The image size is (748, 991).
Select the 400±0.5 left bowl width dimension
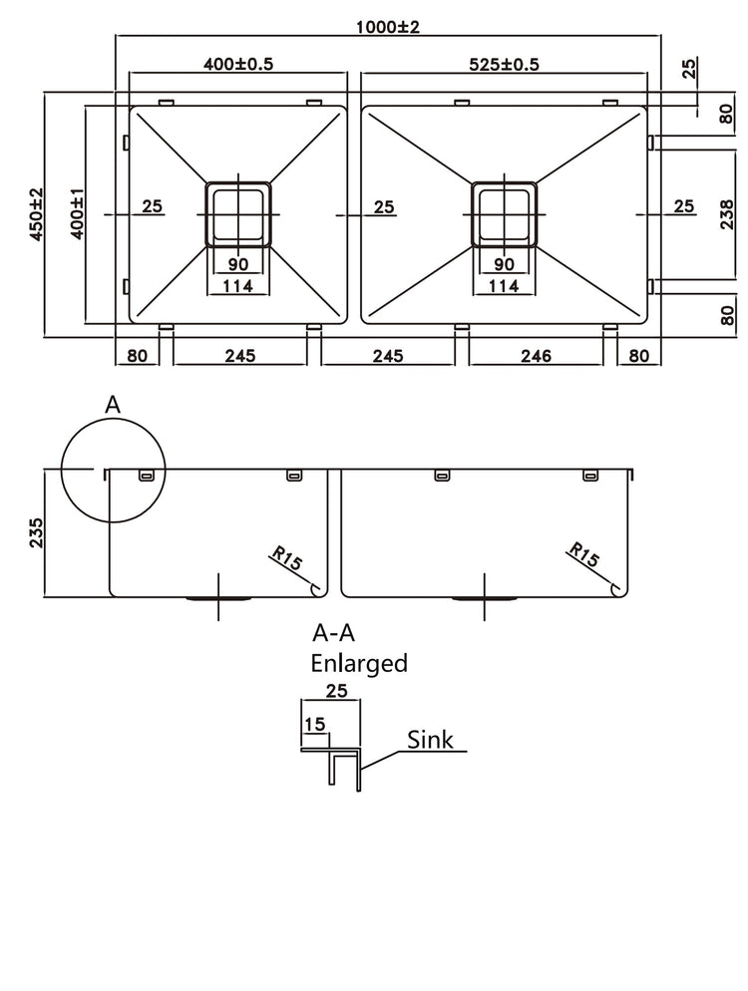point(238,63)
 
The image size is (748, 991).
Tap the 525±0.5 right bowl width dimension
point(504,63)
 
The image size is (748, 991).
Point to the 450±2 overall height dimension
point(36,214)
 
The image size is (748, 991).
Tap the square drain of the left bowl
point(236,214)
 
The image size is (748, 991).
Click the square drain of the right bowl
point(504,214)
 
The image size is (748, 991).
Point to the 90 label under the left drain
point(236,265)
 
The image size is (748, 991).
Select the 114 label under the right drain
point(504,287)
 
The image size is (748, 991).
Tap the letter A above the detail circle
point(113,404)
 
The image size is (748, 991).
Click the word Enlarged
point(359,663)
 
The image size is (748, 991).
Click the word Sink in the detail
point(430,739)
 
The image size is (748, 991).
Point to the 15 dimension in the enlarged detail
point(315,725)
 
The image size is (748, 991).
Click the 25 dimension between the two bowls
point(384,207)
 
